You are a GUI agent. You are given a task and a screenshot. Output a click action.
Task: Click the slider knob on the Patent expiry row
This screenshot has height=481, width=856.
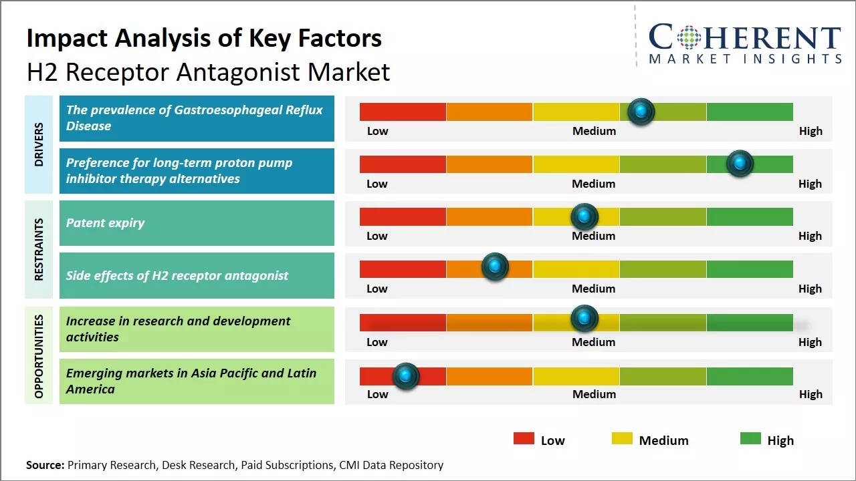(584, 216)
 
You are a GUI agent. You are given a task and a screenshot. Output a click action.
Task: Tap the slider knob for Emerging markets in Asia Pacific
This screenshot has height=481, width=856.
(405, 376)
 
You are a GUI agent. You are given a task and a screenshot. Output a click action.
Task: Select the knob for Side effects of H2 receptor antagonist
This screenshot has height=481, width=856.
(495, 267)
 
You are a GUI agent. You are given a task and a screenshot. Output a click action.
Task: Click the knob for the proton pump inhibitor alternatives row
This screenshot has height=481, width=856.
(740, 163)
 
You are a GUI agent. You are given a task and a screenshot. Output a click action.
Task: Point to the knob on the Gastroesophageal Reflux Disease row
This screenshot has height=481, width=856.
(641, 112)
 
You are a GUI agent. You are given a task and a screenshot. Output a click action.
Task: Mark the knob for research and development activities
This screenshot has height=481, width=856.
(584, 319)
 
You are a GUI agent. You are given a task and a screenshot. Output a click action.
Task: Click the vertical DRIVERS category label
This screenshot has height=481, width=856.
(39, 144)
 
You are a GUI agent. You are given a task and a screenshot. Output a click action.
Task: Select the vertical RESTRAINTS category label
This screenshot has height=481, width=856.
(39, 249)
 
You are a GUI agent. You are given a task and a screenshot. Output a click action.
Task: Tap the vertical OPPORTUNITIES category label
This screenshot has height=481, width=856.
(39, 355)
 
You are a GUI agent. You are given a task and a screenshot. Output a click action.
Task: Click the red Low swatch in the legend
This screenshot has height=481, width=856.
(524, 439)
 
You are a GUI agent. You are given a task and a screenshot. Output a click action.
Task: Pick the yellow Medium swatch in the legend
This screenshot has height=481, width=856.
(622, 439)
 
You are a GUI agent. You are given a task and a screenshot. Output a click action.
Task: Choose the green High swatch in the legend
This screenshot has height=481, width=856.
(750, 439)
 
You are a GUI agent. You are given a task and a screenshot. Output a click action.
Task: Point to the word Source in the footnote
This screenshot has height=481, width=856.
(45, 465)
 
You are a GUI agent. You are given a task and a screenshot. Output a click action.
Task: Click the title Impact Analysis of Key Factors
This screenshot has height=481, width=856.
(204, 38)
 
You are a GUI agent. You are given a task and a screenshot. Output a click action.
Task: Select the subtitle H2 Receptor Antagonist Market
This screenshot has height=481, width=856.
(208, 71)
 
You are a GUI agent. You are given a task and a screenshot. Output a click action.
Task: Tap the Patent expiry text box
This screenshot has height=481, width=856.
(197, 223)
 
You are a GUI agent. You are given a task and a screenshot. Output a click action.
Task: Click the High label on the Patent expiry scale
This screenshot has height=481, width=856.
(810, 236)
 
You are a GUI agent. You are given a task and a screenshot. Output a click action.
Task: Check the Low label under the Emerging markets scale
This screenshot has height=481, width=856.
(377, 394)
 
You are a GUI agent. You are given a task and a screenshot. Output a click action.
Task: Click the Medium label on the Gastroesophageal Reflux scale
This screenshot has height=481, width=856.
(594, 131)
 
